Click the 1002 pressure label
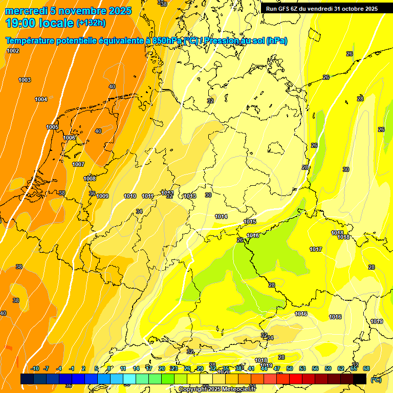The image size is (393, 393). point(13,51)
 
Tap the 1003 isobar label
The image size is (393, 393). point(25,80)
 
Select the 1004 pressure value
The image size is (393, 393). point(41,99)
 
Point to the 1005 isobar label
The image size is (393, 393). point(52,127)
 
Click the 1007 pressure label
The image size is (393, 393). point(78,164)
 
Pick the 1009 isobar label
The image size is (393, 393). point(102,196)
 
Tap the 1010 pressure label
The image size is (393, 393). point(130,196)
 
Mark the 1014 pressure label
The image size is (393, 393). point(221,216)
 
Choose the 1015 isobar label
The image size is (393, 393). point(250,222)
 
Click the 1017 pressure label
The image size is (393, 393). point(316,249)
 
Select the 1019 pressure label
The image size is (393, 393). point(377,321)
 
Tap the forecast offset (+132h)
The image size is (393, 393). point(91,23)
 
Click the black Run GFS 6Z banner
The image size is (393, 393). point(322,8)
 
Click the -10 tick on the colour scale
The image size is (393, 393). point(35,369)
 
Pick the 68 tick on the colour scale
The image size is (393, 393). point(366,369)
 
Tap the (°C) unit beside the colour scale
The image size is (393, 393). point(376,380)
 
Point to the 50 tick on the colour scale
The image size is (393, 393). point(290,369)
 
